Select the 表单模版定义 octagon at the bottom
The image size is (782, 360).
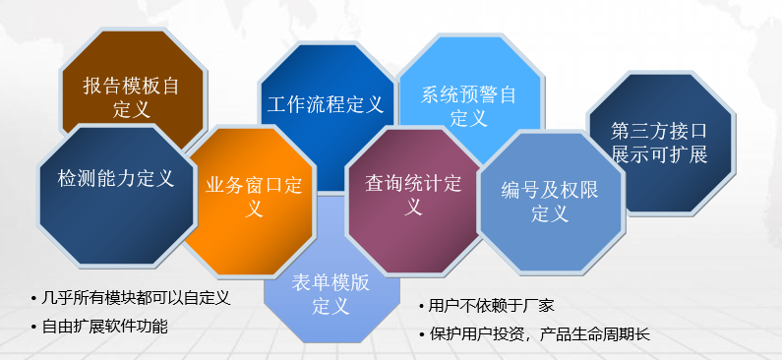(x=331, y=293)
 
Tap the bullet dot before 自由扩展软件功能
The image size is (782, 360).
(x=35, y=326)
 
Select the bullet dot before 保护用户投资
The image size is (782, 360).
(x=422, y=334)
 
